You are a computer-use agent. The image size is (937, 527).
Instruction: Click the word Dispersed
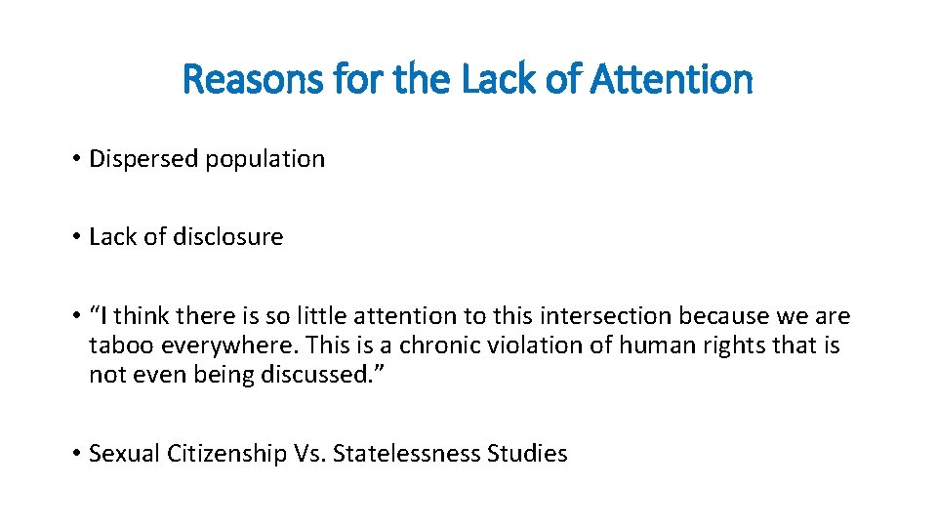(143, 159)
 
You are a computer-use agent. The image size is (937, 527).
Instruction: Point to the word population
(265, 159)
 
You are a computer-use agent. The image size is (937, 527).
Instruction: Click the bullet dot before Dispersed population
(75, 159)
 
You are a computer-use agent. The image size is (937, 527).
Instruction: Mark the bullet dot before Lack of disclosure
(75, 237)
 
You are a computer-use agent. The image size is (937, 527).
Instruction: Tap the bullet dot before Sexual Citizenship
(75, 454)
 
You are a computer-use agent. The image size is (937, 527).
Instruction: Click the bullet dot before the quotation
(75, 316)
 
